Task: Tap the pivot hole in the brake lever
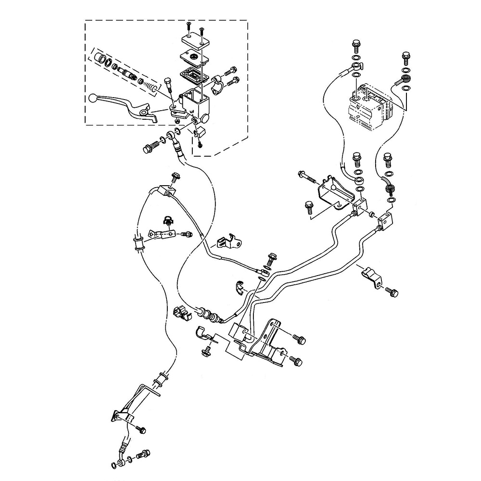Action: (x=143, y=113)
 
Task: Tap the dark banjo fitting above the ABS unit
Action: (x=405, y=78)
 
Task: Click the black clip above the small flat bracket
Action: (x=169, y=221)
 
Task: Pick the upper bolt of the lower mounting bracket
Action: (x=298, y=339)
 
